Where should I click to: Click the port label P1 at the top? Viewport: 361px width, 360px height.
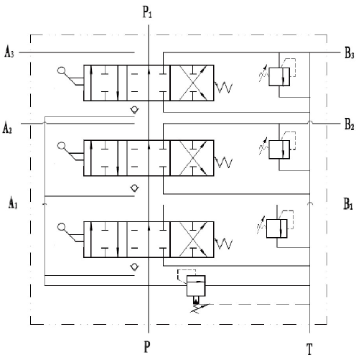pos(147,12)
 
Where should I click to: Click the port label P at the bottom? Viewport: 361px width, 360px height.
pos(147,346)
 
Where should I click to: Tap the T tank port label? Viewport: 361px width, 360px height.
pos(309,349)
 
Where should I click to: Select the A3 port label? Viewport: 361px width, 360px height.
pos(9,52)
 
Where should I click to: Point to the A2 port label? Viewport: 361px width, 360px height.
pos(7,127)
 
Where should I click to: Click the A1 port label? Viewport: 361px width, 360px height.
pos(13,203)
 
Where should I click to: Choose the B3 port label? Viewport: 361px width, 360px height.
pos(350,53)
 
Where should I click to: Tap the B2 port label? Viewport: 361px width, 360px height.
pos(350,124)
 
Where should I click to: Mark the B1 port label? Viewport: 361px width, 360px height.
pos(348,204)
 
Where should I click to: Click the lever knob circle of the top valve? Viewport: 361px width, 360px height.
pos(61,71)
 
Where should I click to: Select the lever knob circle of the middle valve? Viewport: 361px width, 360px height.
pos(61,146)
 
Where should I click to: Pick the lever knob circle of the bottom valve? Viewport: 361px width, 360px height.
pos(61,227)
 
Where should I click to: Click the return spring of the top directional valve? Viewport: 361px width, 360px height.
pos(223,87)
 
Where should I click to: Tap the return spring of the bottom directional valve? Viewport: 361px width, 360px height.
pos(223,244)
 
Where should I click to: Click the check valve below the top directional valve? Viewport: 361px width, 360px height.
pos(135,110)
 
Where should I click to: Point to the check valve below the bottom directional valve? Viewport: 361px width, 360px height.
pos(134,267)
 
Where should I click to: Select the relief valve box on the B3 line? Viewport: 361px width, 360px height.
pos(279,77)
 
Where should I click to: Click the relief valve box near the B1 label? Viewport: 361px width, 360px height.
pos(277,229)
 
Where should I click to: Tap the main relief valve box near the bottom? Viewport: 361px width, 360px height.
pos(196,286)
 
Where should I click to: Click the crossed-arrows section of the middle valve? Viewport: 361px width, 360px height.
pos(192,158)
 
